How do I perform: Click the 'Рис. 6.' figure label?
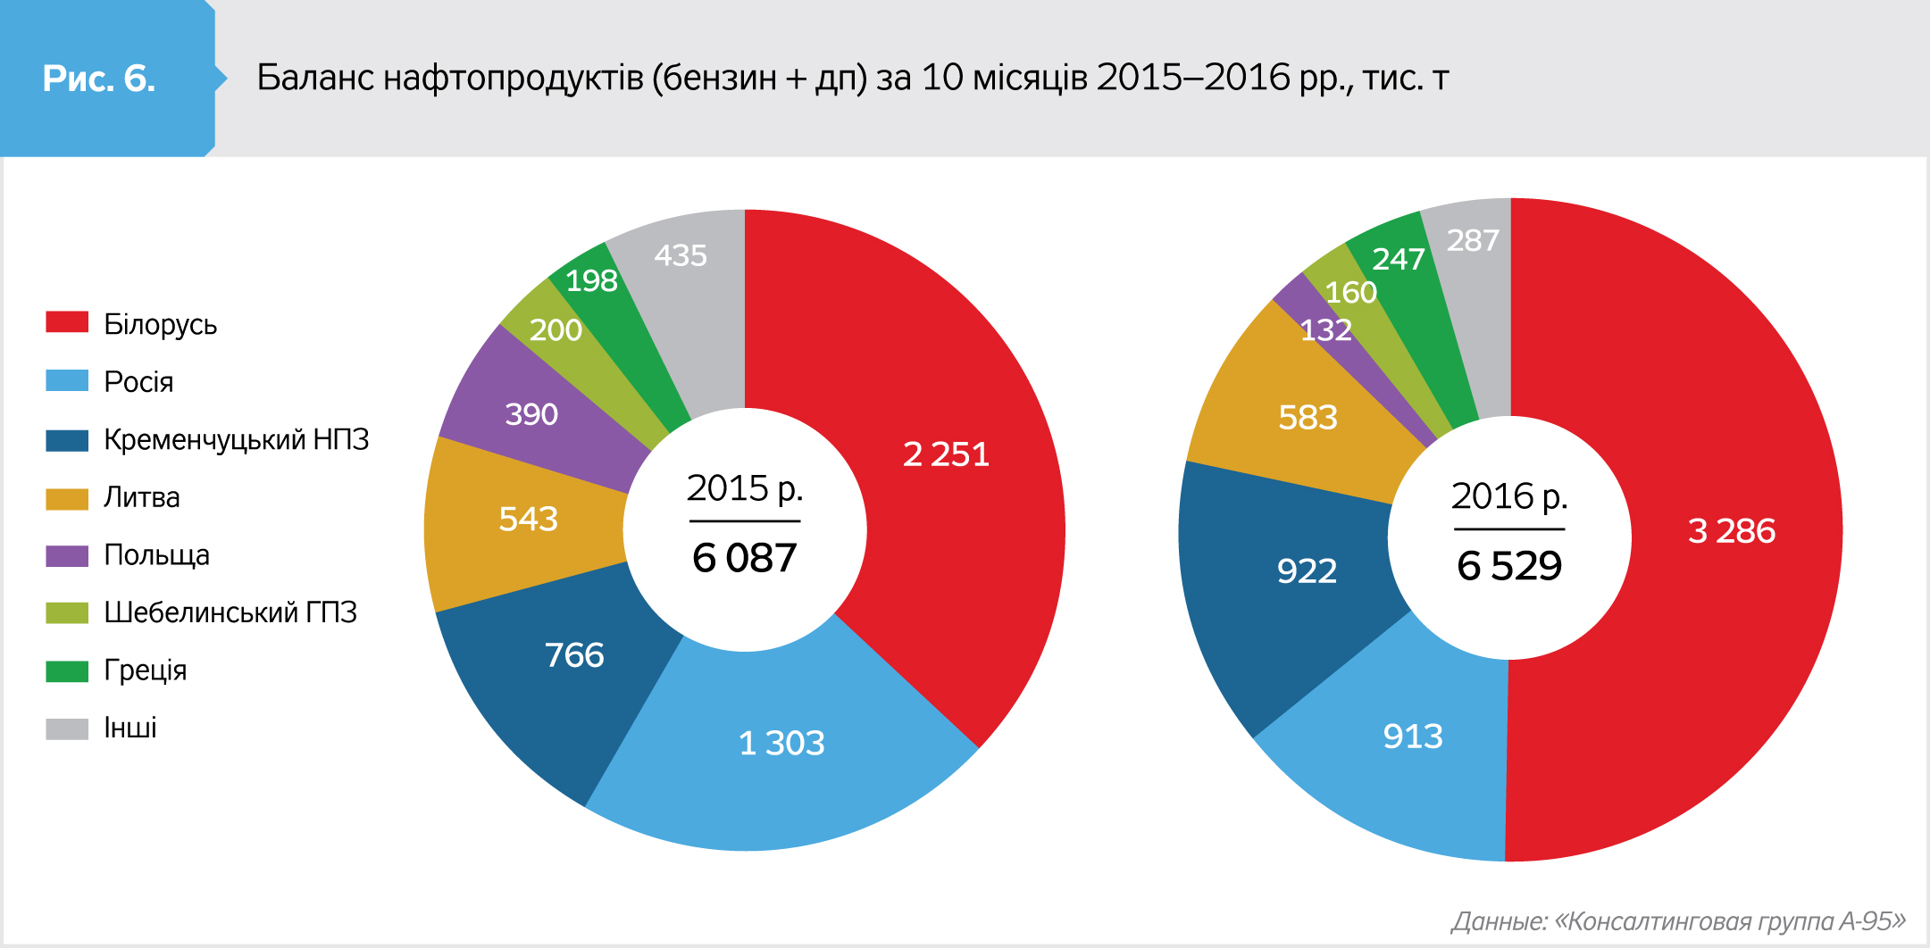pos(99,79)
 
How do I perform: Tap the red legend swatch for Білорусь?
pos(67,322)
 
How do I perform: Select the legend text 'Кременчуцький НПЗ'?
pos(236,439)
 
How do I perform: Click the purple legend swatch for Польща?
pos(67,555)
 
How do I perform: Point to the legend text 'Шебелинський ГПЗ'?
pos(230,612)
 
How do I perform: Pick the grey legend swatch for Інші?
pos(67,728)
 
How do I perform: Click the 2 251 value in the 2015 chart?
pos(946,454)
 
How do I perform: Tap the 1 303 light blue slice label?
pos(781,743)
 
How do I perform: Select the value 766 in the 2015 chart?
pos(574,655)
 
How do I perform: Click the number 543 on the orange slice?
pos(528,519)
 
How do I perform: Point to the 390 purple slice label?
pos(531,414)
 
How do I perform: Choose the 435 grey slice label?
pos(681,256)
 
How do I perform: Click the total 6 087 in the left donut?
pos(744,558)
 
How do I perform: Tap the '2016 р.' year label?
pos(1509,496)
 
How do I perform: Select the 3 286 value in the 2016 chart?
pos(1732,531)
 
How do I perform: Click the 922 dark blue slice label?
pos(1307,570)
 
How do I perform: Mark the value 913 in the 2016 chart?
pos(1413,737)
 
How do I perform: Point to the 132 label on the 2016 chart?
pos(1325,330)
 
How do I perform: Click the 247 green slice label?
pos(1398,259)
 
